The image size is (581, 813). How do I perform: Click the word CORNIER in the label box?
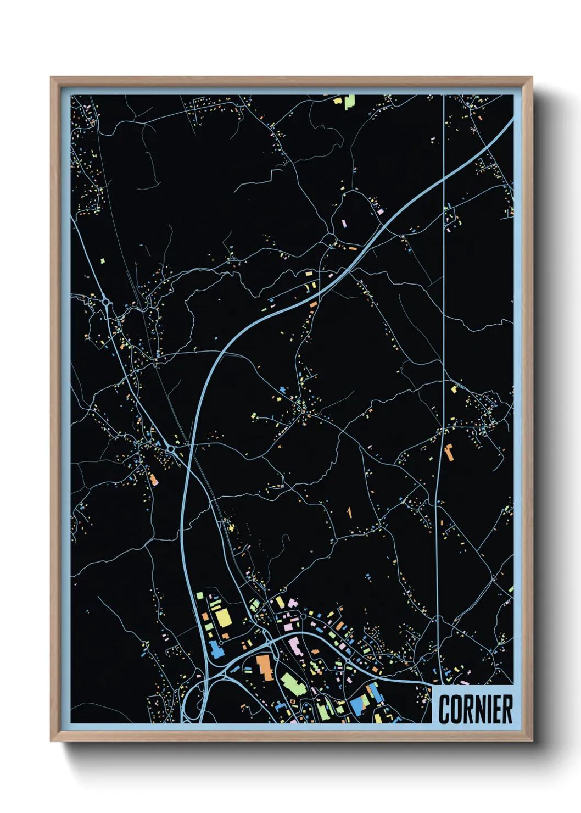(x=475, y=709)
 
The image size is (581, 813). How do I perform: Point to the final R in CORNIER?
(x=508, y=709)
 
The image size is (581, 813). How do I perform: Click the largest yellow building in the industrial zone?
(x=223, y=618)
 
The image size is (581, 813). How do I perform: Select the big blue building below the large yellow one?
(x=216, y=651)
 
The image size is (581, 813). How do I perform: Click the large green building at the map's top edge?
(x=349, y=102)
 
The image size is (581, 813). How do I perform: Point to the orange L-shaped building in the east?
(x=449, y=452)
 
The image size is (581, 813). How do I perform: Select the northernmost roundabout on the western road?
(x=105, y=302)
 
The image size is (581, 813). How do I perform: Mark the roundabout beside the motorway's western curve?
(x=171, y=449)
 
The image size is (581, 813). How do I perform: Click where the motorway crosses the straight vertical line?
(x=443, y=181)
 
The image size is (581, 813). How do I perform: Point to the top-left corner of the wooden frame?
(x=52, y=78)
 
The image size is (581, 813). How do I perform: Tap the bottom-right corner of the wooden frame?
(x=532, y=740)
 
